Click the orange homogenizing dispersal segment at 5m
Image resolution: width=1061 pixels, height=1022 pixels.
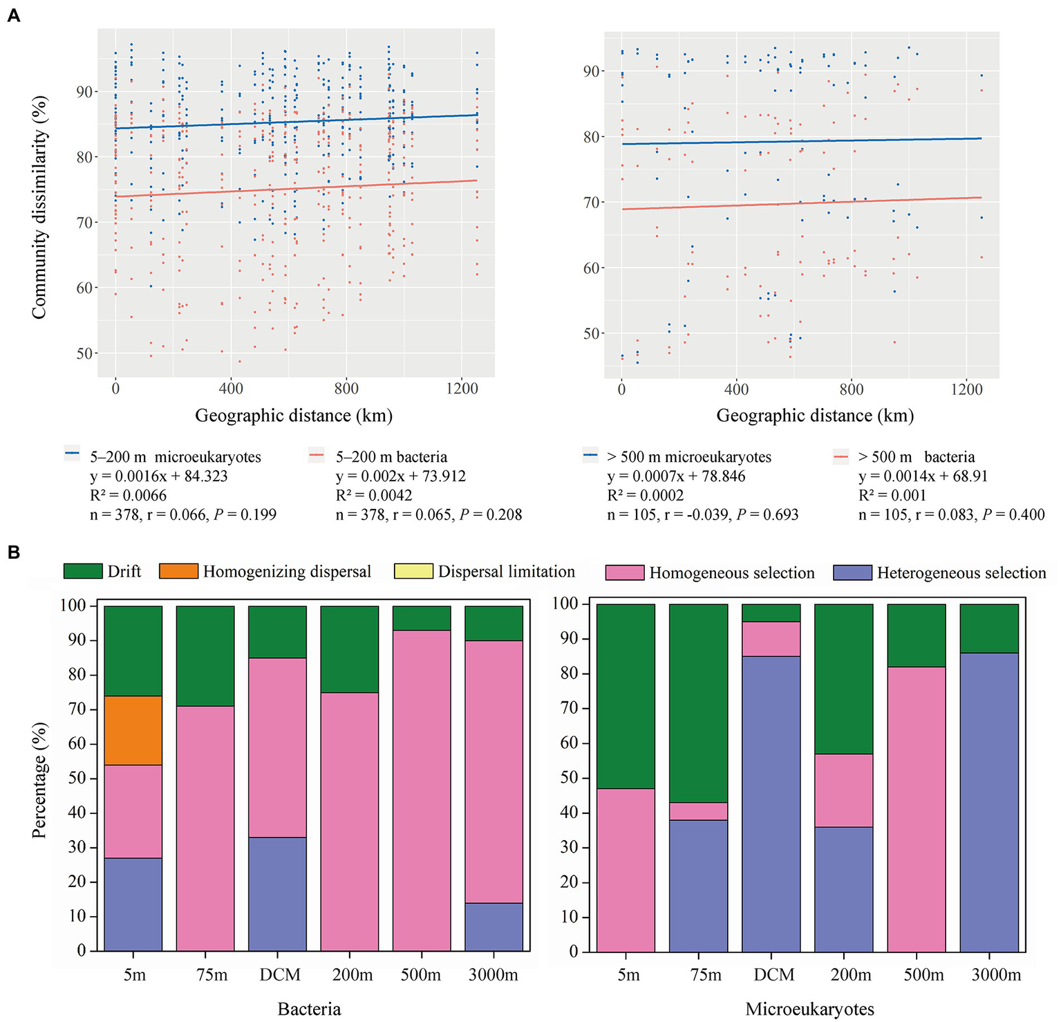(x=133, y=730)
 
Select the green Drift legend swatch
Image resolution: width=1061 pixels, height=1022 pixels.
(x=82, y=571)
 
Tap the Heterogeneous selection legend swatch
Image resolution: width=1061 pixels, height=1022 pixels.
(x=852, y=573)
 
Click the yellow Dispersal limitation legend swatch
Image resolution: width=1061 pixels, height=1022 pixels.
(x=413, y=571)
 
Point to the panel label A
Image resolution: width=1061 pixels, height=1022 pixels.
(x=13, y=15)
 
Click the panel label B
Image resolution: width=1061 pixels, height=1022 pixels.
(x=13, y=553)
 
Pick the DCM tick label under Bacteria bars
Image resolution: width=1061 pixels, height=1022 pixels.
(x=280, y=975)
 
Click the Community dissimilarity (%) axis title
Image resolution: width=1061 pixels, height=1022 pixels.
(x=39, y=206)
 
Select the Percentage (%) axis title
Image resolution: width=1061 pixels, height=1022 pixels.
(x=39, y=780)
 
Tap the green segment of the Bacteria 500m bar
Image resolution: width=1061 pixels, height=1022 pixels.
(x=422, y=618)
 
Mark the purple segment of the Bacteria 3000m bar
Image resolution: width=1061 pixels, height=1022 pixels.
(x=494, y=927)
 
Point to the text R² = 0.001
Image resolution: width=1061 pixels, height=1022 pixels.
(x=892, y=496)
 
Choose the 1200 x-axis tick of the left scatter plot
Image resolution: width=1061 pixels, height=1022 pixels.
(x=462, y=389)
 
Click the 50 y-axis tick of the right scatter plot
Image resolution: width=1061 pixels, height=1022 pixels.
(x=592, y=334)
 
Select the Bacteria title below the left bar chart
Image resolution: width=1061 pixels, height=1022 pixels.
(x=309, y=1010)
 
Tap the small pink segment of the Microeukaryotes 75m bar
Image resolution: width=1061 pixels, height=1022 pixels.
(x=698, y=811)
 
